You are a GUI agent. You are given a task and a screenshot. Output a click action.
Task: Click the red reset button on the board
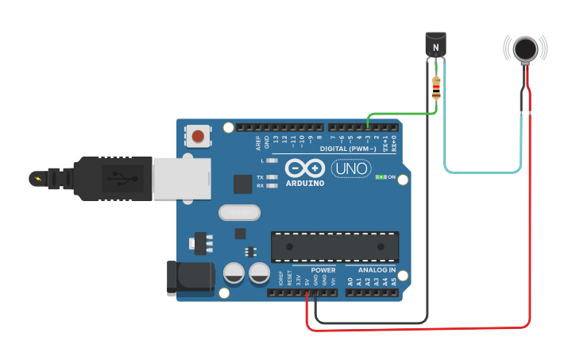pyautogui.click(x=198, y=136)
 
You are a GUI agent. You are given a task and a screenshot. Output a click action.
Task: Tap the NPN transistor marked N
pyautogui.click(x=436, y=45)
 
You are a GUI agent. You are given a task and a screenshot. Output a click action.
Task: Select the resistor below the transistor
pyautogui.click(x=436, y=87)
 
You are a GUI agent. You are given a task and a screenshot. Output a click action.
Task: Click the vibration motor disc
pyautogui.click(x=525, y=48)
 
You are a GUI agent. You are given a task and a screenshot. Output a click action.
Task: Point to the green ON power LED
pyautogui.click(x=381, y=176)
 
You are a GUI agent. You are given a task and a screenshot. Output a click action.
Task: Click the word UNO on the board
pyautogui.click(x=350, y=168)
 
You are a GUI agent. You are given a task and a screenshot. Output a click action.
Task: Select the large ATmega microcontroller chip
pyautogui.click(x=334, y=246)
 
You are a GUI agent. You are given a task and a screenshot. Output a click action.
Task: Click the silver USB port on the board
pyautogui.click(x=182, y=178)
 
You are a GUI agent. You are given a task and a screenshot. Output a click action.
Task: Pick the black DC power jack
pyautogui.click(x=189, y=278)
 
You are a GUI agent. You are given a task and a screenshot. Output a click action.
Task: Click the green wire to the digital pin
pyautogui.click(x=401, y=114)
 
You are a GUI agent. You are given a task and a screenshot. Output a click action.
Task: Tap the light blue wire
pyautogui.click(x=483, y=172)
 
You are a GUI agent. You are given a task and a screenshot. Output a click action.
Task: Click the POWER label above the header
pyautogui.click(x=323, y=269)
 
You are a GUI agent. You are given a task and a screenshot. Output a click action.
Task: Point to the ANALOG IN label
pyautogui.click(x=377, y=269)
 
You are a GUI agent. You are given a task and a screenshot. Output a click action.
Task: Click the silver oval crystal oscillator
pyautogui.click(x=240, y=212)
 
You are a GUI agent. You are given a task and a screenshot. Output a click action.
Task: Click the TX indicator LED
pyautogui.click(x=272, y=177)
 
